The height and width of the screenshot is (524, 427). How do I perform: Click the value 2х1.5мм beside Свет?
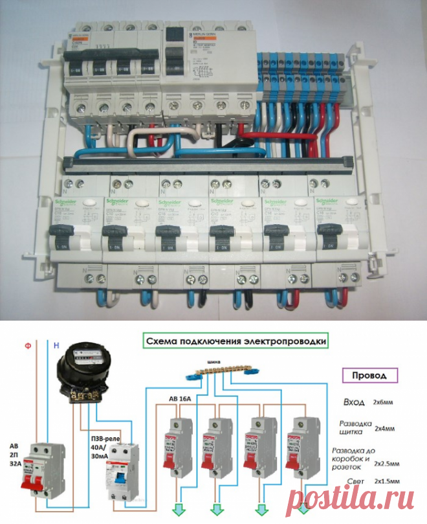389,483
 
